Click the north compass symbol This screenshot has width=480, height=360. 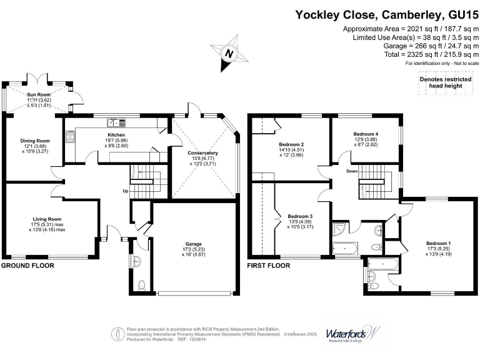(229, 54)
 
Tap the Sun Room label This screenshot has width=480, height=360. (37, 94)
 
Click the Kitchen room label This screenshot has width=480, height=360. (116, 135)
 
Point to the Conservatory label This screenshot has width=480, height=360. (202, 153)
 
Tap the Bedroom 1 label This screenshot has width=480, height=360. (438, 243)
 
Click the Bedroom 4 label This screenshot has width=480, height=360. (366, 134)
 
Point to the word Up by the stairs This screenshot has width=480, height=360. (125, 191)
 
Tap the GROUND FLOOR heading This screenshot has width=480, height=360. (27, 266)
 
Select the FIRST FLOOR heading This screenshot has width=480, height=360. (269, 266)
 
